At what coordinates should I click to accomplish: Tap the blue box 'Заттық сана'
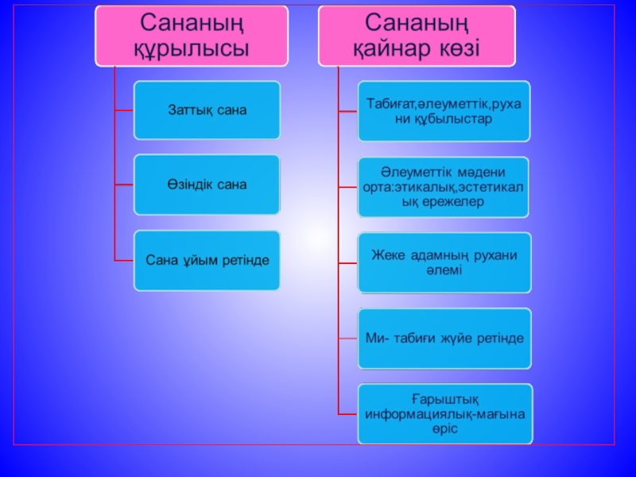[x=207, y=110]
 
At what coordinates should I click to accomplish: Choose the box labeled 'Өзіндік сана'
[x=207, y=184]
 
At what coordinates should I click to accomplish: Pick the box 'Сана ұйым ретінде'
[x=207, y=260]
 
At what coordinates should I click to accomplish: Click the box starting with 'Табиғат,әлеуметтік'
[x=444, y=110]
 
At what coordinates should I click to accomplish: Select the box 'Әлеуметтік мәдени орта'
[x=444, y=186]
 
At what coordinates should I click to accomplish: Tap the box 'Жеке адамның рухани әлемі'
[x=444, y=262]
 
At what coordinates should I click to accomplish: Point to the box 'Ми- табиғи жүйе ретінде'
[x=444, y=338]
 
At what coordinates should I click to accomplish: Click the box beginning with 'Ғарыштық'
[x=444, y=413]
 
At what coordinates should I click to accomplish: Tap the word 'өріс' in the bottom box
[x=444, y=428]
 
